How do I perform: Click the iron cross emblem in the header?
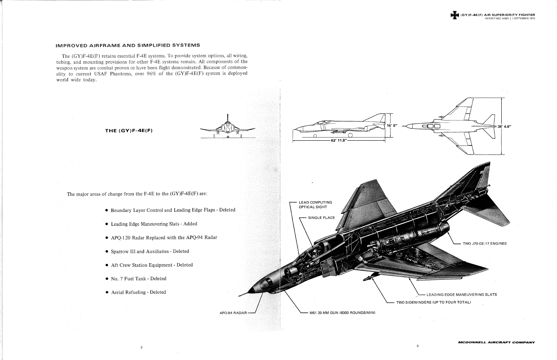click(455, 15)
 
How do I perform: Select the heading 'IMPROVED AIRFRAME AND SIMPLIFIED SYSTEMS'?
click(128, 45)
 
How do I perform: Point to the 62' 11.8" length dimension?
click(338, 140)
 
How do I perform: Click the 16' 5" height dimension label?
click(392, 126)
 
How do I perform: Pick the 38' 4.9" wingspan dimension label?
click(504, 126)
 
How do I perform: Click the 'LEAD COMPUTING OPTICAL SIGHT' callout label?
click(315, 205)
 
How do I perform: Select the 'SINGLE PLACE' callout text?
click(321, 218)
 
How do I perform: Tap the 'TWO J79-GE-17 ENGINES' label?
click(484, 244)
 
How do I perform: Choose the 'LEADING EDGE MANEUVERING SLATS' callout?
click(461, 295)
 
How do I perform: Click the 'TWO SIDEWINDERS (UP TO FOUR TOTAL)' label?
click(433, 302)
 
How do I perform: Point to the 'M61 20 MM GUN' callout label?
click(342, 313)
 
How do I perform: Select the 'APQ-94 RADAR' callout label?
click(233, 313)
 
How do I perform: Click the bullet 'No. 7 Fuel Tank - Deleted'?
click(138, 279)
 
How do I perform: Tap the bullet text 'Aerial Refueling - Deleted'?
click(138, 292)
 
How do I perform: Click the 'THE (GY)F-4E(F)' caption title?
click(129, 131)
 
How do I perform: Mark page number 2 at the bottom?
click(142, 347)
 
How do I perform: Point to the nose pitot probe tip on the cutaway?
click(239, 296)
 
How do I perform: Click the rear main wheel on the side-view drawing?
click(350, 135)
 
